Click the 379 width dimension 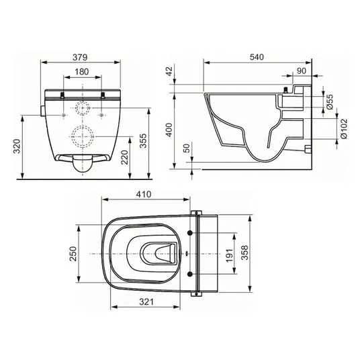(x=80, y=57)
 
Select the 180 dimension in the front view (x=82, y=72)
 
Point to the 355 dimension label (x=143, y=140)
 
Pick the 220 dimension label (x=124, y=157)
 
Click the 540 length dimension (x=257, y=56)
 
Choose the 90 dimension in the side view (x=302, y=71)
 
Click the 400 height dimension (x=169, y=130)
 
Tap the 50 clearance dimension (x=187, y=148)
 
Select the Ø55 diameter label (x=330, y=102)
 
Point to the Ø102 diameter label (x=344, y=129)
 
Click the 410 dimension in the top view (x=144, y=194)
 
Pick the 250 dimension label (x=73, y=254)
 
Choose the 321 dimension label (x=146, y=302)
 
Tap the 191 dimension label (x=230, y=254)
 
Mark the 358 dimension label (x=245, y=253)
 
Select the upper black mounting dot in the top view (x=190, y=233)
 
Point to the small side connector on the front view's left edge (x=42, y=111)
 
